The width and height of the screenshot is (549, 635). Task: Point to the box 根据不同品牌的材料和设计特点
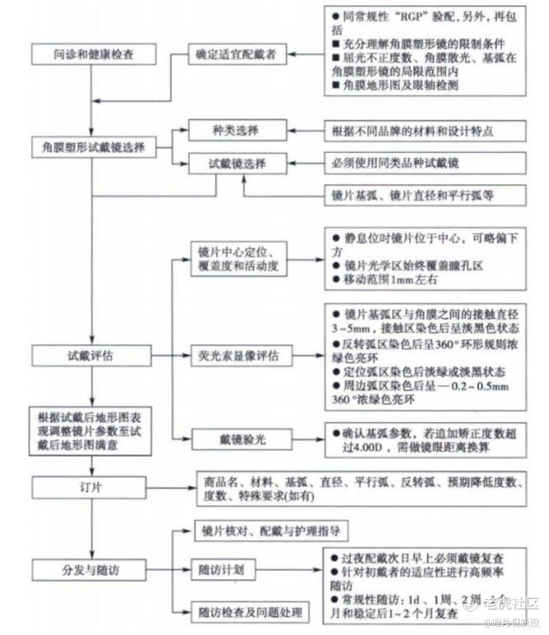(413, 131)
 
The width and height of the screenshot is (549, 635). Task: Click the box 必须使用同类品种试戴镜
(413, 163)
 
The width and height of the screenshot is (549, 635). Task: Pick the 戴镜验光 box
(241, 438)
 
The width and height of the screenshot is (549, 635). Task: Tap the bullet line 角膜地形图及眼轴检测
(405, 87)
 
